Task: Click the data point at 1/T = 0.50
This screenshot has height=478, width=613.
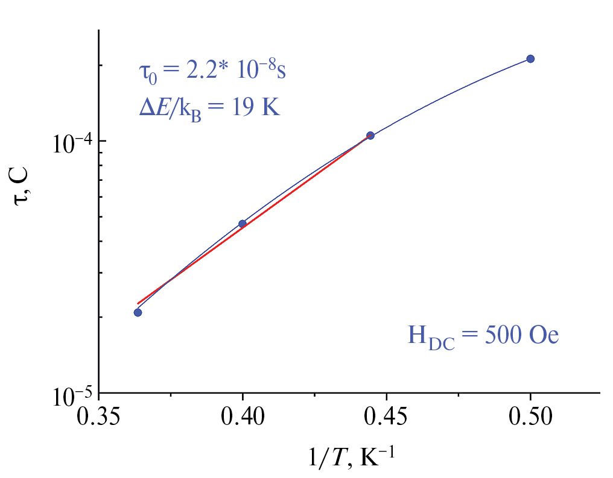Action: (530, 58)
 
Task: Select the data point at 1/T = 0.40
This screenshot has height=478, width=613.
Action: (243, 224)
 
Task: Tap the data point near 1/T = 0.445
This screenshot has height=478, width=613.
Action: (370, 136)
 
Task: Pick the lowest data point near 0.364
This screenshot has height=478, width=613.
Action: (138, 312)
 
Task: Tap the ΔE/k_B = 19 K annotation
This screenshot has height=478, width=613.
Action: (209, 108)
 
